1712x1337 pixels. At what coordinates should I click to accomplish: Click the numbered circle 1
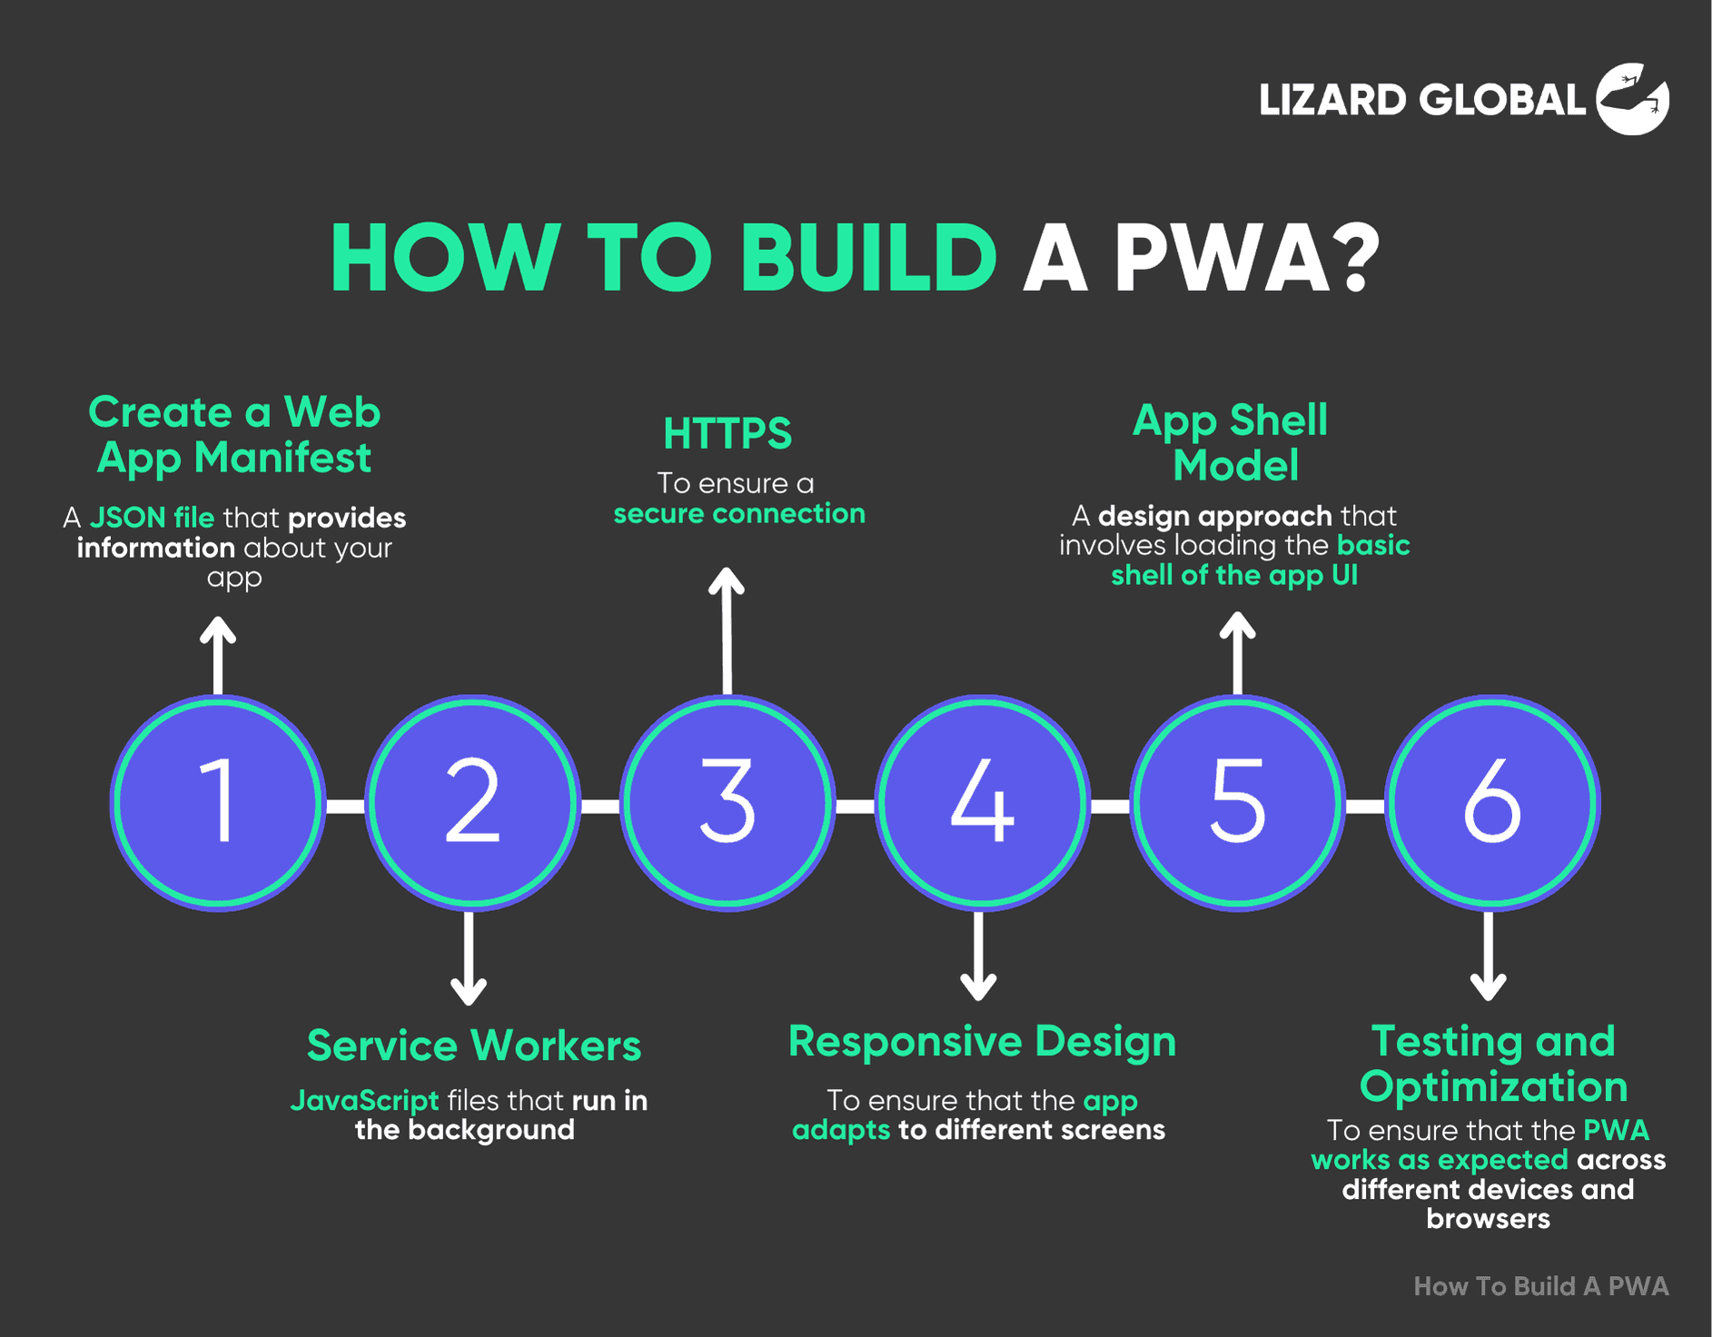tap(218, 803)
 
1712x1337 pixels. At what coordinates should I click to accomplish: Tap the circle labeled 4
tap(982, 803)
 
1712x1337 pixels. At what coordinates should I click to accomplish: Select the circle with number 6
tap(1492, 803)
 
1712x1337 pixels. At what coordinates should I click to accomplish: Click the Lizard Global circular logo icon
tap(1632, 99)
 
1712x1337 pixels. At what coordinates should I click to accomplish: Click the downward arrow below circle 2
tap(469, 957)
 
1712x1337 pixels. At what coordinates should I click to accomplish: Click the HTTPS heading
tap(727, 434)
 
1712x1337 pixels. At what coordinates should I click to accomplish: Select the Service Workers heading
tap(474, 1045)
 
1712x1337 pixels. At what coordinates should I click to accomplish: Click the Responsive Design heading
tap(982, 1042)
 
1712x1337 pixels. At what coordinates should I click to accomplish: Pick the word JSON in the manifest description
tap(127, 518)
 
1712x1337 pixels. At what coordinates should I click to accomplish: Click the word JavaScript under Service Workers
tap(364, 1101)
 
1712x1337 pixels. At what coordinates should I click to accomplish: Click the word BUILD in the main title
tap(869, 259)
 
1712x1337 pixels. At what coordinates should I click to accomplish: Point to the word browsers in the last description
tap(1488, 1219)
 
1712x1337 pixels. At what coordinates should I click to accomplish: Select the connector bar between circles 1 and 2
tap(345, 806)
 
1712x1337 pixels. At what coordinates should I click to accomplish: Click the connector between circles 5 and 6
tap(1365, 806)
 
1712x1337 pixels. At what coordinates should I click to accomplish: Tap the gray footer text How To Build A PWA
tap(1541, 1286)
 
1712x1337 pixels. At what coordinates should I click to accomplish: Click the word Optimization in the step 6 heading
tap(1493, 1087)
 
